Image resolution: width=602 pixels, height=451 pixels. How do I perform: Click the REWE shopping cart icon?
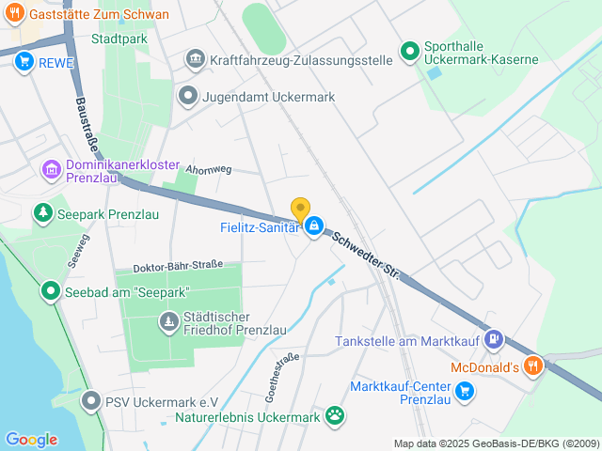click(x=24, y=62)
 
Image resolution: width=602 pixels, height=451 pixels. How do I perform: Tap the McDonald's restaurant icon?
click(x=532, y=365)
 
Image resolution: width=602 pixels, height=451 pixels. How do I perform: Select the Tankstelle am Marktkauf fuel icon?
click(x=496, y=341)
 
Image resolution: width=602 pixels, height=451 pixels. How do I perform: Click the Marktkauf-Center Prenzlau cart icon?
click(x=463, y=391)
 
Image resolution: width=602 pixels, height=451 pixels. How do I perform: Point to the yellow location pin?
click(x=300, y=210)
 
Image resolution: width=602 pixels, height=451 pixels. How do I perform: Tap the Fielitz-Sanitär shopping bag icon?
click(x=314, y=226)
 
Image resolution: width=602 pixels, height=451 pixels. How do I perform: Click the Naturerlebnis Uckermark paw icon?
click(x=335, y=415)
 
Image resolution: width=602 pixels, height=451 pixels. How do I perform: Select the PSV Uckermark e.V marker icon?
click(x=91, y=402)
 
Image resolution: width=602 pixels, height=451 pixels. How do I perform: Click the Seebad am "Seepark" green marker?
click(x=49, y=292)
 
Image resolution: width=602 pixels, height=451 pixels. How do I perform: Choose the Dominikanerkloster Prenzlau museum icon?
click(x=51, y=170)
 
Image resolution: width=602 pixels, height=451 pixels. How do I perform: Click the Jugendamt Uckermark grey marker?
click(x=189, y=95)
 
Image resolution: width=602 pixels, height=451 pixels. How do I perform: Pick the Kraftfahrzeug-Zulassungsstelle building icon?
click(x=195, y=59)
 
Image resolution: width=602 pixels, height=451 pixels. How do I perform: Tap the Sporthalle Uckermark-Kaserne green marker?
click(x=409, y=52)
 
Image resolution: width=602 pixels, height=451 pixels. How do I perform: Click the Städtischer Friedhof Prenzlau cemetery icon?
click(x=168, y=324)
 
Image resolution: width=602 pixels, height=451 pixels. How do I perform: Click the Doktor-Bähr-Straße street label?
click(x=178, y=266)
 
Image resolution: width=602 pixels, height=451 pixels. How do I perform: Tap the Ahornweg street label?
click(x=209, y=170)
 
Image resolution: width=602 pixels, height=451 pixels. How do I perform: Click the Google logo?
click(x=31, y=439)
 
